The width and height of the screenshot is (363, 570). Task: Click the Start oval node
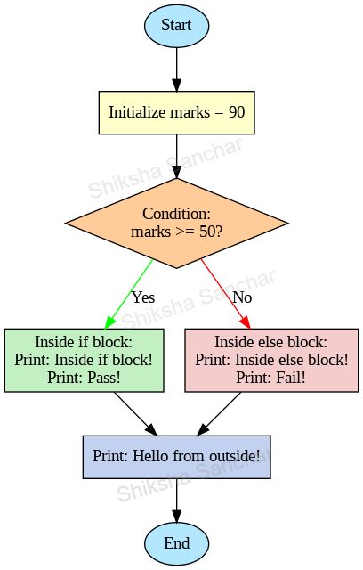pos(176,26)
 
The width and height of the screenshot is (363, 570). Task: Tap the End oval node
pos(176,543)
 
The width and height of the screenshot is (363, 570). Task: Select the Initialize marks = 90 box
pos(176,112)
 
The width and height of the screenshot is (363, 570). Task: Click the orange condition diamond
pos(176,223)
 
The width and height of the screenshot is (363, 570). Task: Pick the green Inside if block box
pos(84,360)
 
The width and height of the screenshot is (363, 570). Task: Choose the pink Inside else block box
pos(271,360)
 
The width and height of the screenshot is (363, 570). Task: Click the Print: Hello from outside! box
pos(176,457)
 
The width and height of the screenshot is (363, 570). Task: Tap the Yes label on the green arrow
pos(142,297)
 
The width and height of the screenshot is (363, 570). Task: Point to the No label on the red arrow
pos(242,297)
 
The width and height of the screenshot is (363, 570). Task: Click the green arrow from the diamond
pos(130,293)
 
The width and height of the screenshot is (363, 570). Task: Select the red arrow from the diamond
pos(224,293)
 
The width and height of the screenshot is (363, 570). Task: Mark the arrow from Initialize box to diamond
pos(176,156)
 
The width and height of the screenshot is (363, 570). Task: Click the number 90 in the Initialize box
pos(236,113)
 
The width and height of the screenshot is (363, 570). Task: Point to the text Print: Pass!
pos(84,377)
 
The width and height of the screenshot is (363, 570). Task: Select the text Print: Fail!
pos(271,377)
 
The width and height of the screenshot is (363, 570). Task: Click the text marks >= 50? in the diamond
pos(176,232)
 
